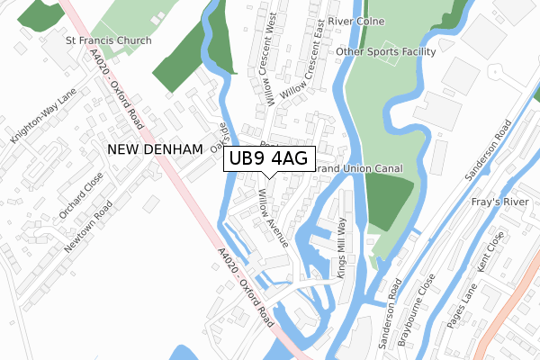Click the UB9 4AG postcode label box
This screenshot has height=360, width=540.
(x=269, y=159)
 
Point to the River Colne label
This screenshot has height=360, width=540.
(x=356, y=22)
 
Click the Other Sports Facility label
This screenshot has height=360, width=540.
(x=385, y=52)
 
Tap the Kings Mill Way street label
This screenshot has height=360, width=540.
(x=342, y=247)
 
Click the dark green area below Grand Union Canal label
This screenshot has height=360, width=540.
(x=392, y=203)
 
